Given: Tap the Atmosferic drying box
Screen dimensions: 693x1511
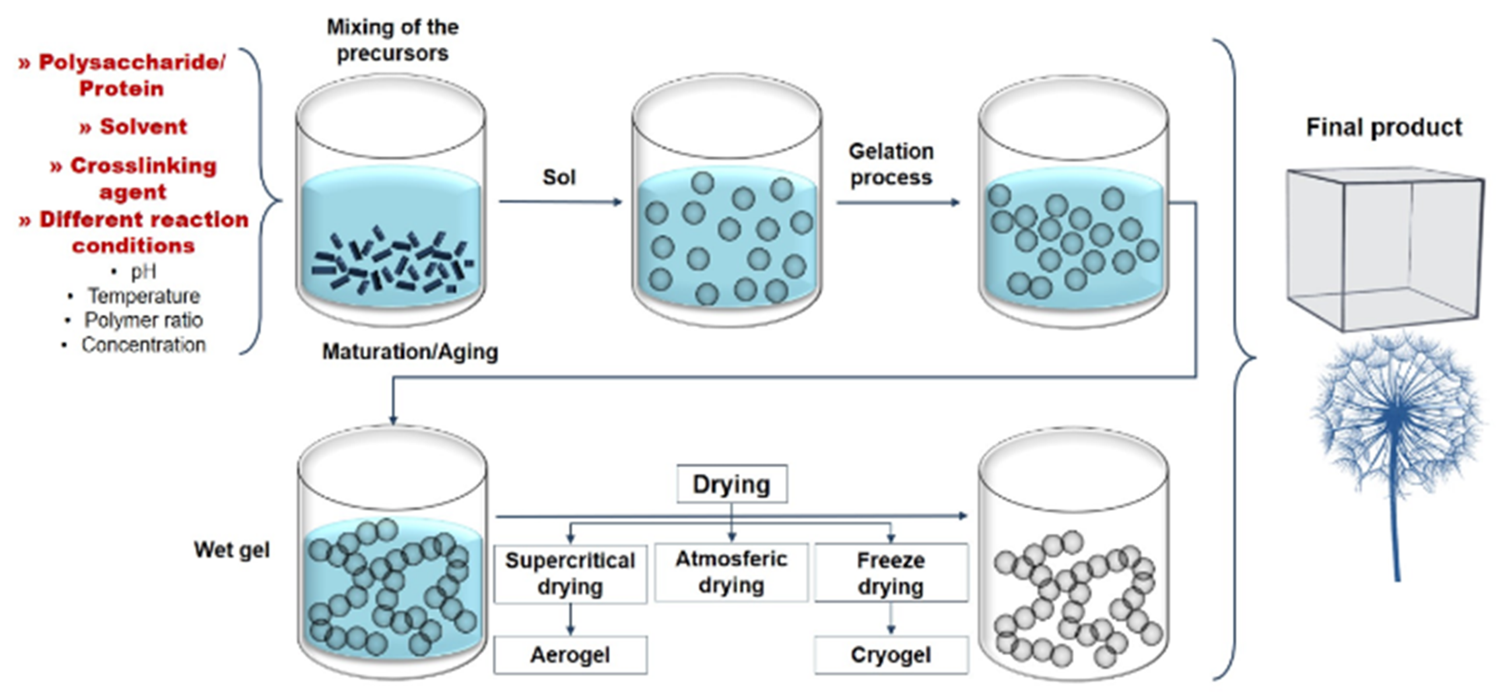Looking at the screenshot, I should (x=731, y=572).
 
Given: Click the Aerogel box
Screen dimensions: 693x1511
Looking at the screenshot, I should (x=570, y=654).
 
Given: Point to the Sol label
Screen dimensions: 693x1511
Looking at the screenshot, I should (x=559, y=177).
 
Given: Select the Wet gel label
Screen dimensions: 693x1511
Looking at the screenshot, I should (x=232, y=549).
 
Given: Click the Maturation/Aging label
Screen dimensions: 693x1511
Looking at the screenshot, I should (x=410, y=351).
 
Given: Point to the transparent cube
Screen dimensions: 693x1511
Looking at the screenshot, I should (x=1384, y=249).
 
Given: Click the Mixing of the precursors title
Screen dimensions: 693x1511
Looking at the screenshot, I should (x=392, y=40).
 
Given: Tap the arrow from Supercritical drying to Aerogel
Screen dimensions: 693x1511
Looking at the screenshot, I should (x=570, y=619).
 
